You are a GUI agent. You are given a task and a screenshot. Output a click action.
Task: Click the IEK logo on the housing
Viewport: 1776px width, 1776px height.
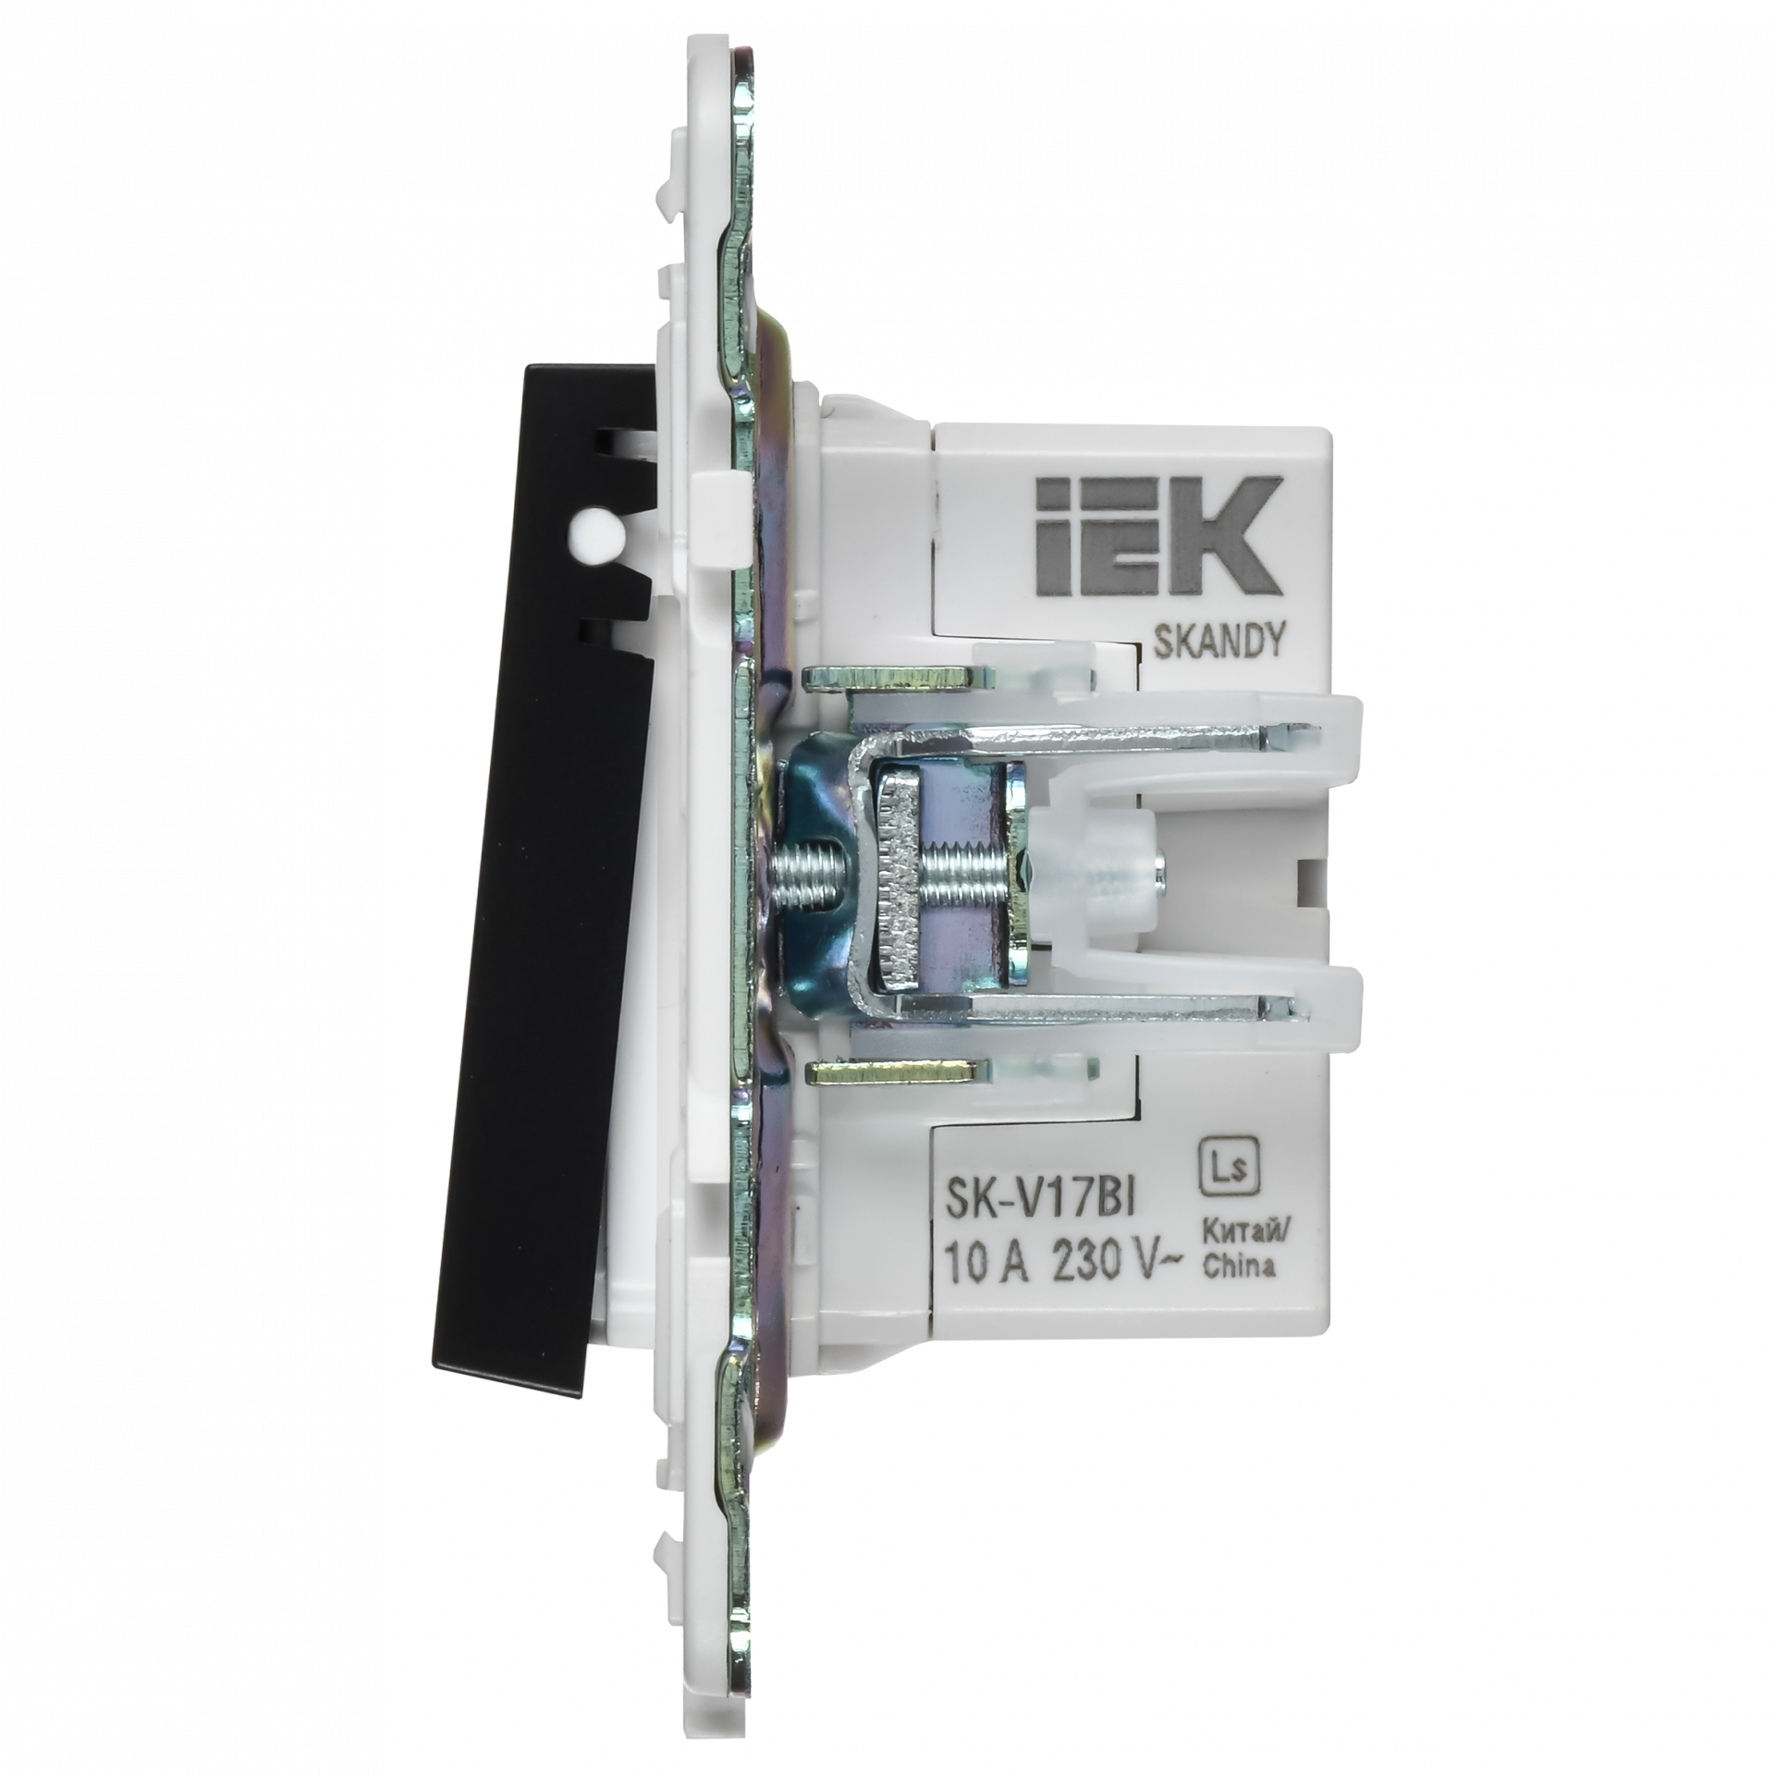1159,537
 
